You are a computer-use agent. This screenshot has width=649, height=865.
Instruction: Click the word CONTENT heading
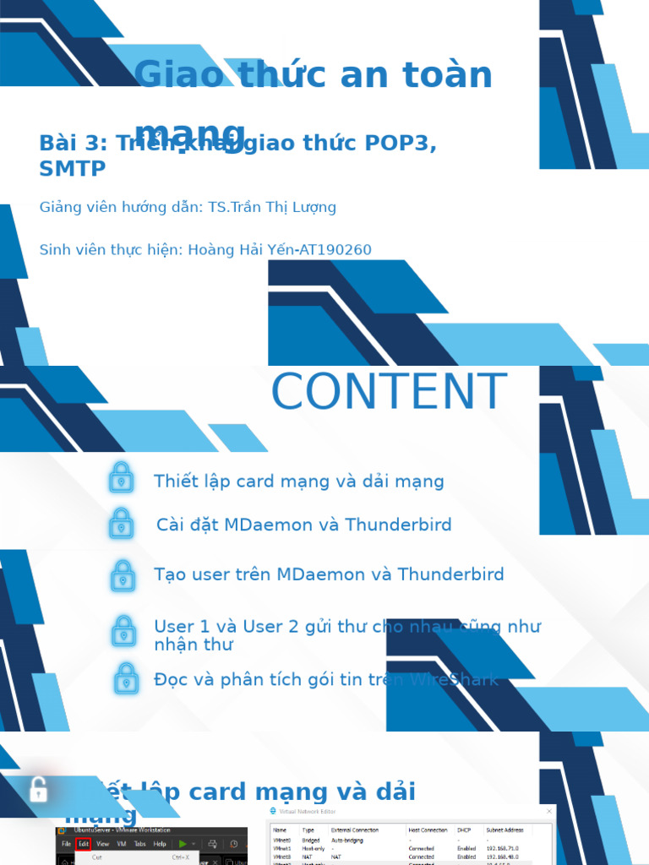pos(389,393)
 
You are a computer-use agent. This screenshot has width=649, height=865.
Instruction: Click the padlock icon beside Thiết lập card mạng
pos(122,478)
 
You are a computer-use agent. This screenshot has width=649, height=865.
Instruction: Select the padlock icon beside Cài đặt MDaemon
pos(122,524)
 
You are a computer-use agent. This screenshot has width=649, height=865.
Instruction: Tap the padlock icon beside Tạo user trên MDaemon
pos(123,575)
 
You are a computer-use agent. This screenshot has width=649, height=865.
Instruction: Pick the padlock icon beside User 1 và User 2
pos(124,632)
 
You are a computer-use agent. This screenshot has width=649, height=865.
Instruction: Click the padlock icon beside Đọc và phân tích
pos(126,678)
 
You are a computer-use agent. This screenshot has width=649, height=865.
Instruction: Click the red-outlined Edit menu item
pos(84,844)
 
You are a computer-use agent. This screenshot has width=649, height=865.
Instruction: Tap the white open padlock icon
pos(38,790)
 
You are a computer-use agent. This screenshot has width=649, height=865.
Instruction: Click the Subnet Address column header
pos(505,830)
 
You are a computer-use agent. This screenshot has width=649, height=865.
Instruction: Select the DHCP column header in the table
pos(466,830)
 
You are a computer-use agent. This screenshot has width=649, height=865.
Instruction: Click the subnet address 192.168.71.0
pos(503,848)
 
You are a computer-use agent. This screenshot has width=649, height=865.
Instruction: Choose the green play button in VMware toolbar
pos(182,844)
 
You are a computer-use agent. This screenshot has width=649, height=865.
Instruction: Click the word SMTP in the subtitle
pos(73,168)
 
